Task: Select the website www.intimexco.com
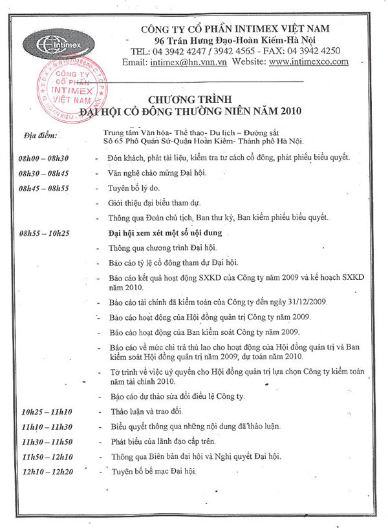pos(308,62)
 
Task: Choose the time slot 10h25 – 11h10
pos(47,412)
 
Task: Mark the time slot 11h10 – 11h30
pos(47,427)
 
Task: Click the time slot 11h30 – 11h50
pos(47,441)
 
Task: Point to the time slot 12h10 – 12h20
pos(47,471)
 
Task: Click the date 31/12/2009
pos(294,302)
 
